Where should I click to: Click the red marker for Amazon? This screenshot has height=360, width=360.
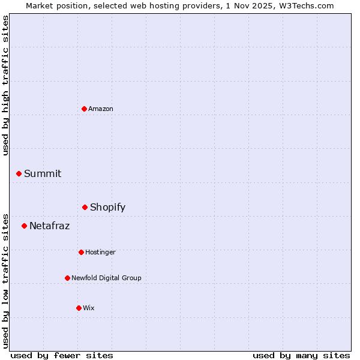84,109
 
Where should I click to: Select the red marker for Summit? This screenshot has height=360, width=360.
19,173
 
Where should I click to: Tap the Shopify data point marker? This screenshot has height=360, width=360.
85,207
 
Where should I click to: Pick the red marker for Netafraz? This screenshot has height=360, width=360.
24,226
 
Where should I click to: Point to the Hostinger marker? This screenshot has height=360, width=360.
81,252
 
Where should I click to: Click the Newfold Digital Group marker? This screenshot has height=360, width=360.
67,278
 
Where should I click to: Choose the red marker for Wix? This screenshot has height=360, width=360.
79,308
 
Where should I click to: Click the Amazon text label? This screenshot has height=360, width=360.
101,109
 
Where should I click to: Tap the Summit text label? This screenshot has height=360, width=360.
43,173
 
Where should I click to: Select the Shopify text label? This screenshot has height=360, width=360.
107,207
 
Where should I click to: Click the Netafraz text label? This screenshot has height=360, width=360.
49,226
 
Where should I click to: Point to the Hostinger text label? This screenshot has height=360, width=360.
100,252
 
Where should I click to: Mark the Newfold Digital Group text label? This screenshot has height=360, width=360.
106,278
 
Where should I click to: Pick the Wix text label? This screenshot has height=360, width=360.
89,308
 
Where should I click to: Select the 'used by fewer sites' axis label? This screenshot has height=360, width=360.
62,355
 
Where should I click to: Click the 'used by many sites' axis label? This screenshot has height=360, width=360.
301,355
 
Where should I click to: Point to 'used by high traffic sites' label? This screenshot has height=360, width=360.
5,85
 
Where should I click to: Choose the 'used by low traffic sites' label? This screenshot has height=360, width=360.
5,280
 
